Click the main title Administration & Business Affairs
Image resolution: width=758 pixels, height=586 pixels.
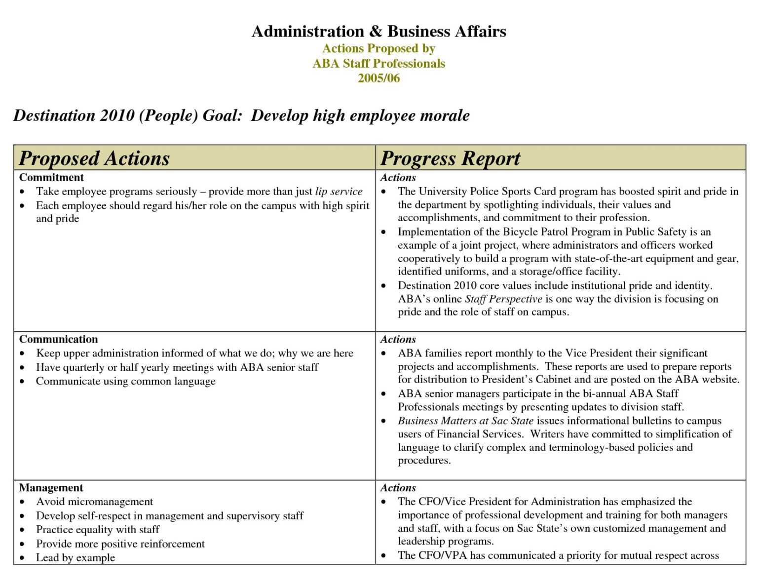(379, 32)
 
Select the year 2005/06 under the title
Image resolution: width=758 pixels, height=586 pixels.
(379, 78)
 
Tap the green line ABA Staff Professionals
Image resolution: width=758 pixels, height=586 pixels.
(379, 63)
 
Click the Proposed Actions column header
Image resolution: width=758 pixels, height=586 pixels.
(94, 158)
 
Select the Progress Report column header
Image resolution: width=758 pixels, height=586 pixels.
(450, 158)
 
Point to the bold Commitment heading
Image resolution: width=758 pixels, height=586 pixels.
(51, 177)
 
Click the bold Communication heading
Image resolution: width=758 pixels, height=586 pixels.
(58, 339)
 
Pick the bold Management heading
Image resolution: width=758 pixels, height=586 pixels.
(51, 488)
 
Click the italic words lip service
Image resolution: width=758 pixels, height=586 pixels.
(339, 192)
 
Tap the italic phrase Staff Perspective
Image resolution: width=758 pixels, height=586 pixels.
(503, 299)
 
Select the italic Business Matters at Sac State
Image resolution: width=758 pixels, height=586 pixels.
(465, 421)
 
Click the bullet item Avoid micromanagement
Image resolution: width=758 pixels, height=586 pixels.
(94, 502)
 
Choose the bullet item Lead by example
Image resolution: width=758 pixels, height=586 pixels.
(75, 557)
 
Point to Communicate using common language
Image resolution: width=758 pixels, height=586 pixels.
(125, 381)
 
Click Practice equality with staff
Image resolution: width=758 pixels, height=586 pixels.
(97, 529)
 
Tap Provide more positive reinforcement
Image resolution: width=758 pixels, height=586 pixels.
(120, 544)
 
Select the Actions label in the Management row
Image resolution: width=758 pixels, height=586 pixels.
(398, 488)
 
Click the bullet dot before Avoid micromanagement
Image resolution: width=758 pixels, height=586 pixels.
(22, 502)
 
